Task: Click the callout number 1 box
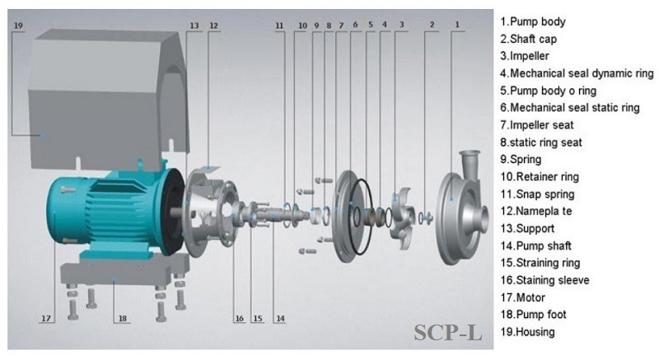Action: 456,26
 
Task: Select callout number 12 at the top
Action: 214,26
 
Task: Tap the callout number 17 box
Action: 46,318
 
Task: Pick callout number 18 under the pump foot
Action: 123,318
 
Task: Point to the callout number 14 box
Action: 280,318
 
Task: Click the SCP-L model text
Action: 448,333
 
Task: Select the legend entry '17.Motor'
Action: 527,297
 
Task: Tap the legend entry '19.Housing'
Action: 532,332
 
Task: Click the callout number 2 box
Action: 431,26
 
